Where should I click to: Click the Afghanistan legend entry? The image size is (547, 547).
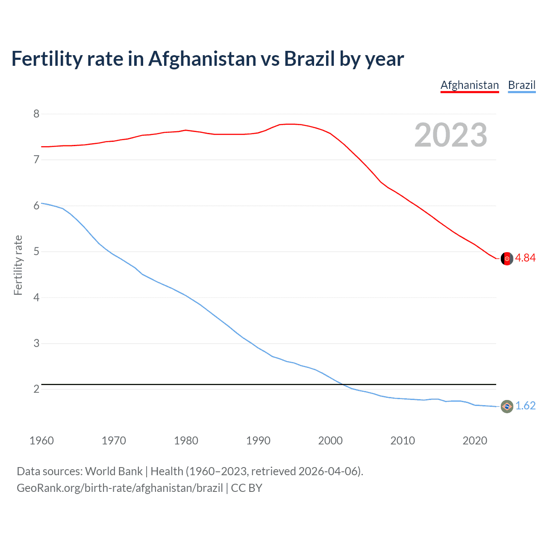[x=470, y=85]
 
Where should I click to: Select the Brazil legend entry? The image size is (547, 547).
[x=522, y=85]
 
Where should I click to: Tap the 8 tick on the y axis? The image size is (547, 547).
[x=36, y=114]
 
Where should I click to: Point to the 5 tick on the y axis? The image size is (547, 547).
[x=36, y=251]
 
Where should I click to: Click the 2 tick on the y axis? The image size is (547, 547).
[x=36, y=389]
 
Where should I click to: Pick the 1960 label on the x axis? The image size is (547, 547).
[x=41, y=441]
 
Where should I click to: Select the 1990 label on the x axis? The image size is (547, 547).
[x=258, y=441]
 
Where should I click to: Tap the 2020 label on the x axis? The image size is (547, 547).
[x=475, y=441]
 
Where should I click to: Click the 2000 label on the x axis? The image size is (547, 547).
[x=330, y=441]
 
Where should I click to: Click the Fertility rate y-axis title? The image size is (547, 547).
[x=18, y=265]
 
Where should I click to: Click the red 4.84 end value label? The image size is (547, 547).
[x=525, y=258]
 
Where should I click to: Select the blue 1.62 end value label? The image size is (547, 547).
[x=525, y=406]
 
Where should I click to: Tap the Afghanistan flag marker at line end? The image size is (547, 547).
[x=507, y=259]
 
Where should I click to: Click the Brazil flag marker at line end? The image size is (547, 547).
[x=507, y=406]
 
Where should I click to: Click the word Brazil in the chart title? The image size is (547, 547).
[x=309, y=59]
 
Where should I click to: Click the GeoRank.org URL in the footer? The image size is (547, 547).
[x=120, y=488]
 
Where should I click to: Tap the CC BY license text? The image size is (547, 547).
[x=247, y=488]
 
